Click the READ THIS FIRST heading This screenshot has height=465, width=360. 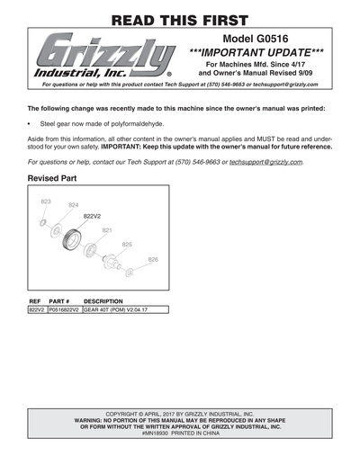pyautogui.click(x=180, y=19)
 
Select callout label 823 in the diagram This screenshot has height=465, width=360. pyautogui.click(x=46, y=201)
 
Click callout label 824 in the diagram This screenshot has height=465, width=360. pyautogui.click(x=74, y=206)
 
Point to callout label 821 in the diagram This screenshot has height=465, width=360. pyautogui.click(x=107, y=230)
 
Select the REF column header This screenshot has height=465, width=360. pyautogui.click(x=36, y=300)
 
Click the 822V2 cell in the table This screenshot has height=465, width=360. pyautogui.click(x=37, y=309)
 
